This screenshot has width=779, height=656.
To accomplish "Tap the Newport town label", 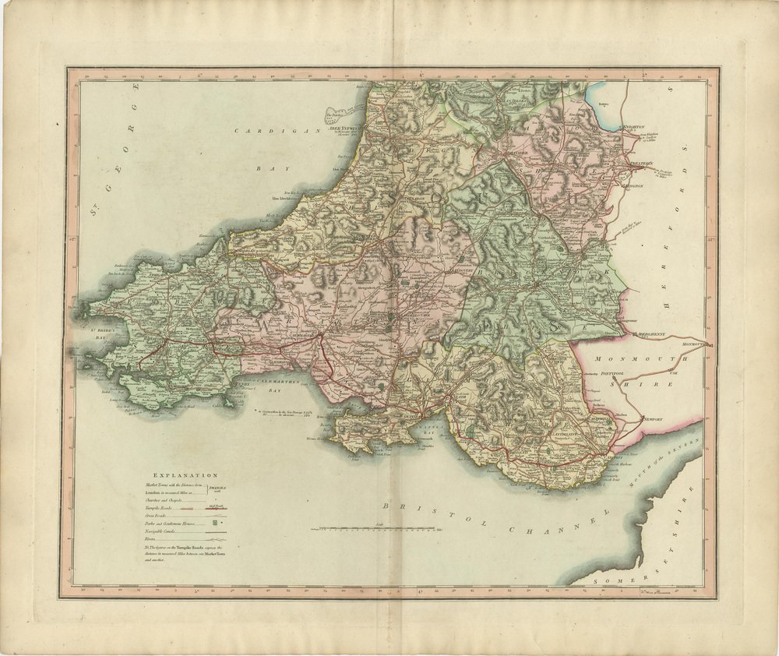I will click(653, 419).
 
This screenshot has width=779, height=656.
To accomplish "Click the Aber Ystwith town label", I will click(346, 127).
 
